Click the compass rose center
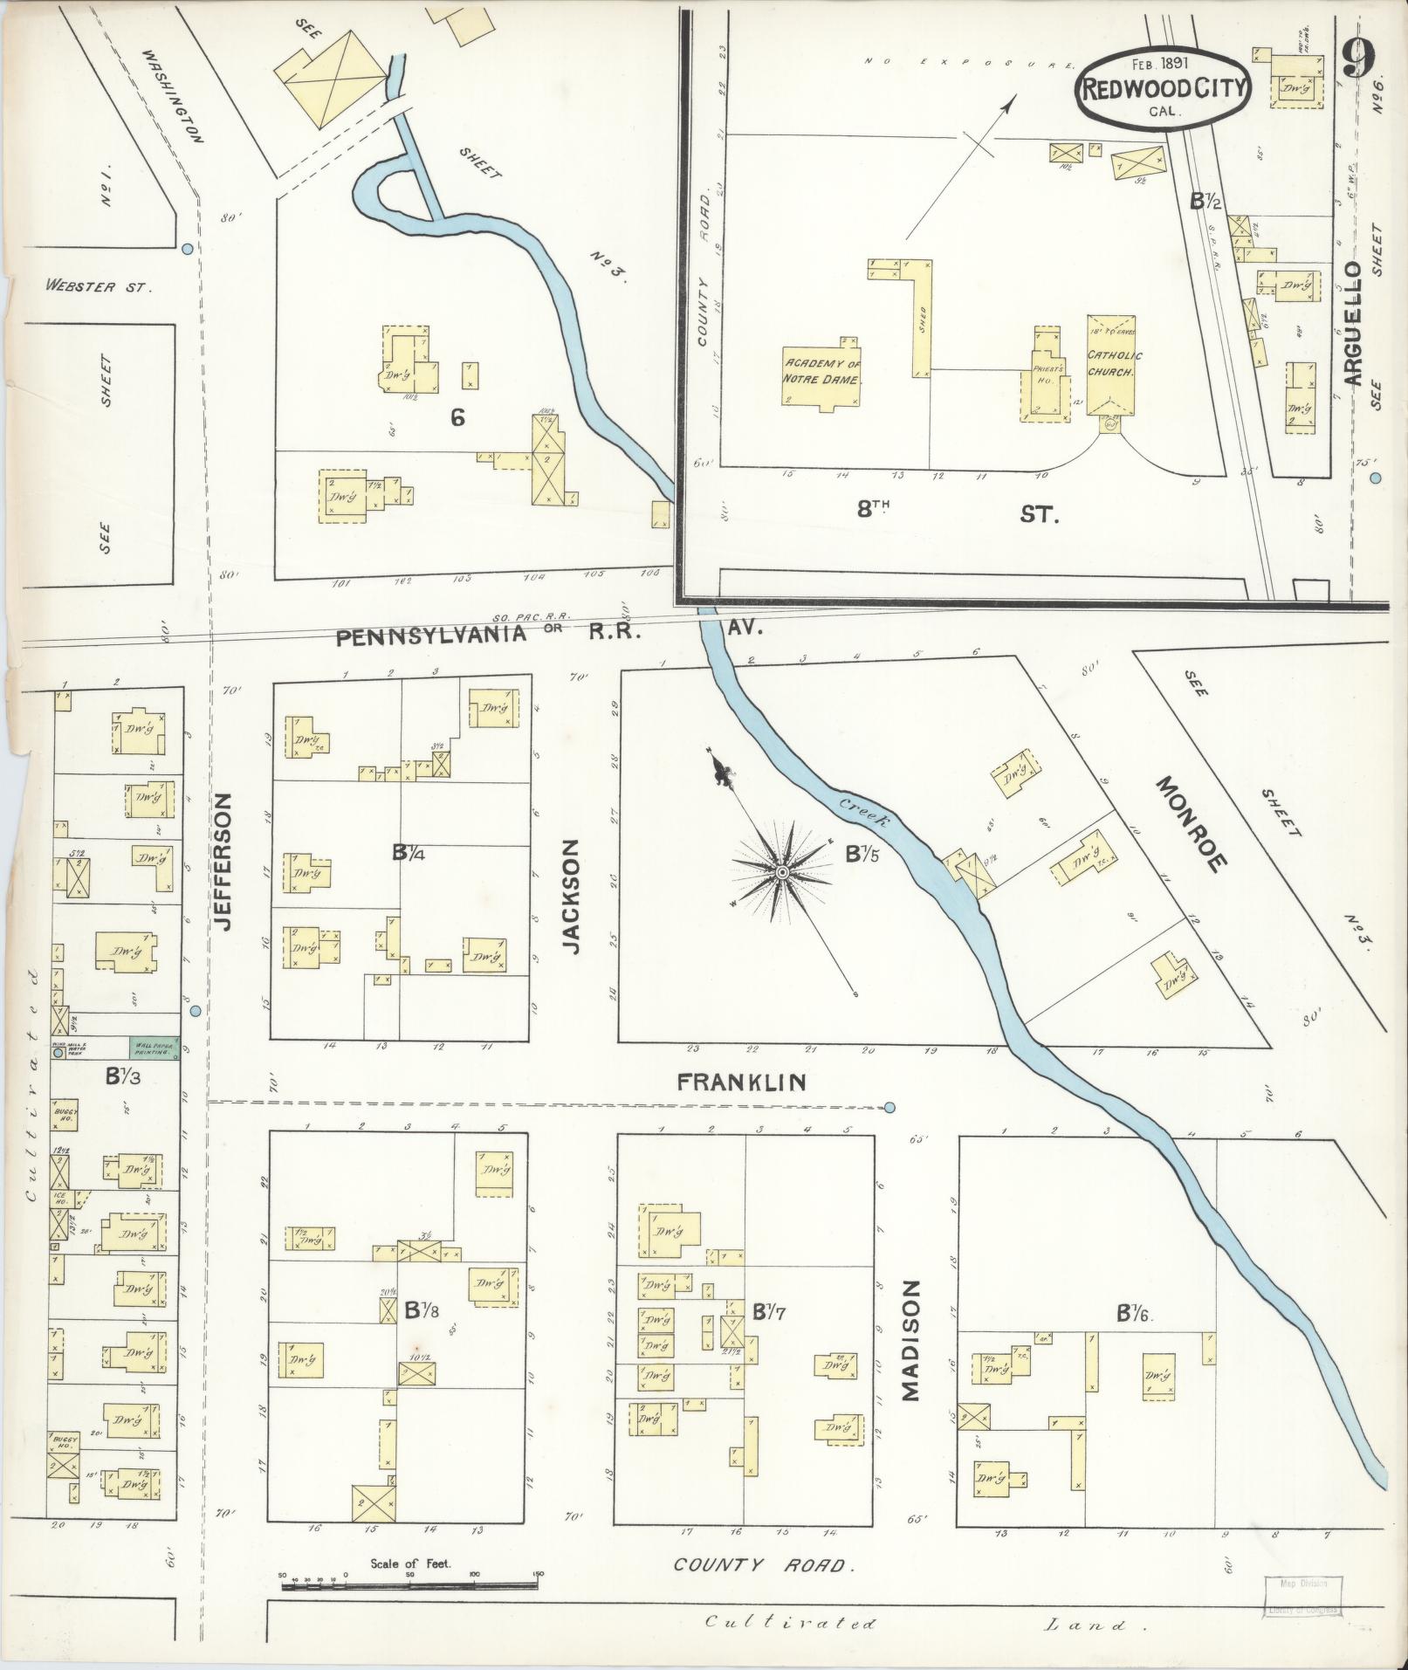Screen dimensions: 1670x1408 783,872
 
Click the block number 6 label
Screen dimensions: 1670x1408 457,418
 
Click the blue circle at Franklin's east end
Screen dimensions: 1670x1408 889,1108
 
